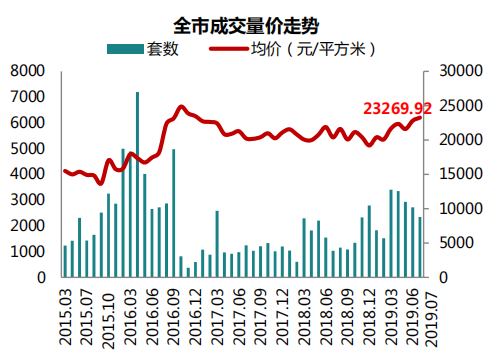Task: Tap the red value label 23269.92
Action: coord(397,107)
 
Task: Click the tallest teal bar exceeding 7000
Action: coord(137,185)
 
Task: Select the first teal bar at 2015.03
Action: coord(66,261)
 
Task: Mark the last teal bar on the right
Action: coord(420,247)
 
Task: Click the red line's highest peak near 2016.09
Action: coord(181,107)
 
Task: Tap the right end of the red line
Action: coord(420,117)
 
